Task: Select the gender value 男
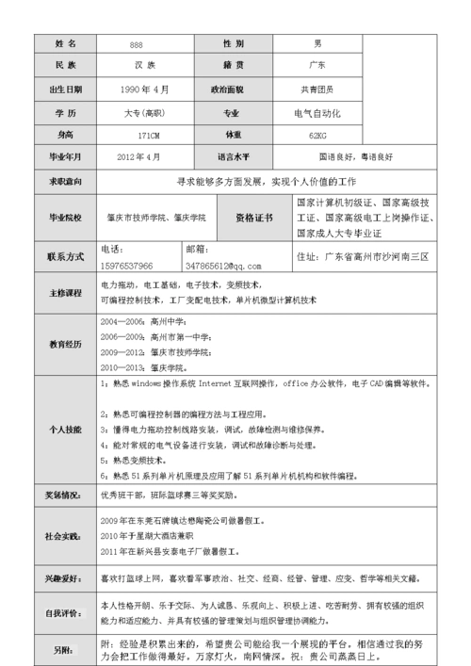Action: (317, 44)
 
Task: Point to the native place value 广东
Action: (317, 67)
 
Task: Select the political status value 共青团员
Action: (317, 89)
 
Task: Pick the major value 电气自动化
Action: (317, 112)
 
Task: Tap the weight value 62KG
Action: (317, 135)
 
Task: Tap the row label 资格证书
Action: (253, 218)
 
